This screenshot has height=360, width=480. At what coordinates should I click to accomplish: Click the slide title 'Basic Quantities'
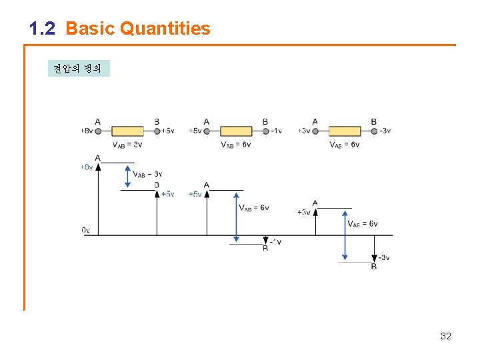click(x=138, y=29)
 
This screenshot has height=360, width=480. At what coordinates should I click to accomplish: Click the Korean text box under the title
click(x=78, y=69)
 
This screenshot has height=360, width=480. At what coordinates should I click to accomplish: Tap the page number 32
click(x=446, y=336)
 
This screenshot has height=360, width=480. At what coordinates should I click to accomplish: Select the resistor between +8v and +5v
click(x=127, y=131)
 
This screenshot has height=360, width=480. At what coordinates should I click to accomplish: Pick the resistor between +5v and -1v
click(x=236, y=131)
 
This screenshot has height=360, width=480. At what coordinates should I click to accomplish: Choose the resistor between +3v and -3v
click(x=345, y=131)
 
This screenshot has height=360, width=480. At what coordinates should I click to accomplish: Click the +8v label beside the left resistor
click(x=87, y=131)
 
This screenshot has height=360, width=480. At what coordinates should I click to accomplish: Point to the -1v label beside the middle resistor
click(x=277, y=131)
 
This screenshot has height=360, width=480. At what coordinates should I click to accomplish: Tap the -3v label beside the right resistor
click(x=385, y=131)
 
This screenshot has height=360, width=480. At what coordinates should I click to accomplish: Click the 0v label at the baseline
click(x=85, y=231)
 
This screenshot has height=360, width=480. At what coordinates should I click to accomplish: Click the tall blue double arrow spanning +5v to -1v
click(x=235, y=218)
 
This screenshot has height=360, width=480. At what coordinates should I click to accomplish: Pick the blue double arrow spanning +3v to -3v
click(x=344, y=235)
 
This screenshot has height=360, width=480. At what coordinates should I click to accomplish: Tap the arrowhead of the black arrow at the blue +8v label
click(x=98, y=167)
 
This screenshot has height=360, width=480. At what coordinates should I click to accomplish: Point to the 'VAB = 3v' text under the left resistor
click(x=127, y=145)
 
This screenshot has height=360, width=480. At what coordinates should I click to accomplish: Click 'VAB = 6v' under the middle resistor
click(x=236, y=145)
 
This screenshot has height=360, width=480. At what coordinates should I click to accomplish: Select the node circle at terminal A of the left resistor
click(x=98, y=131)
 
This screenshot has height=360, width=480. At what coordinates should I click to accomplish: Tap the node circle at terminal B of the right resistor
click(x=373, y=131)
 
